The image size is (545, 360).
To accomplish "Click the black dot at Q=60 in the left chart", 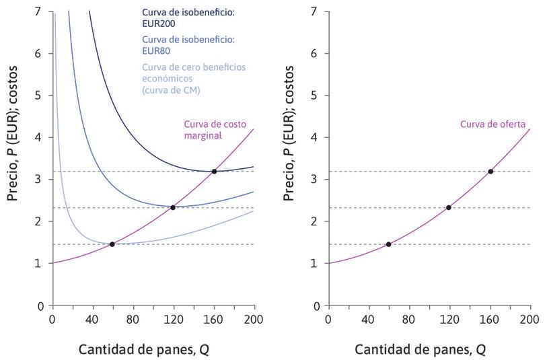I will point(112,244).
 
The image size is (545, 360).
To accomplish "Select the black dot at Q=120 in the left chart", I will point(173,207).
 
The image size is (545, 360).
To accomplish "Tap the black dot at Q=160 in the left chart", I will point(214,172).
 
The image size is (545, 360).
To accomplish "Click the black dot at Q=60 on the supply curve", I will point(388,244).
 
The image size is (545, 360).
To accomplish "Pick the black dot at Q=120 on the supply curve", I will point(449,207).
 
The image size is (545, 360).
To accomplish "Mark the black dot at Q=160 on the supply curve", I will point(490,172).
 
